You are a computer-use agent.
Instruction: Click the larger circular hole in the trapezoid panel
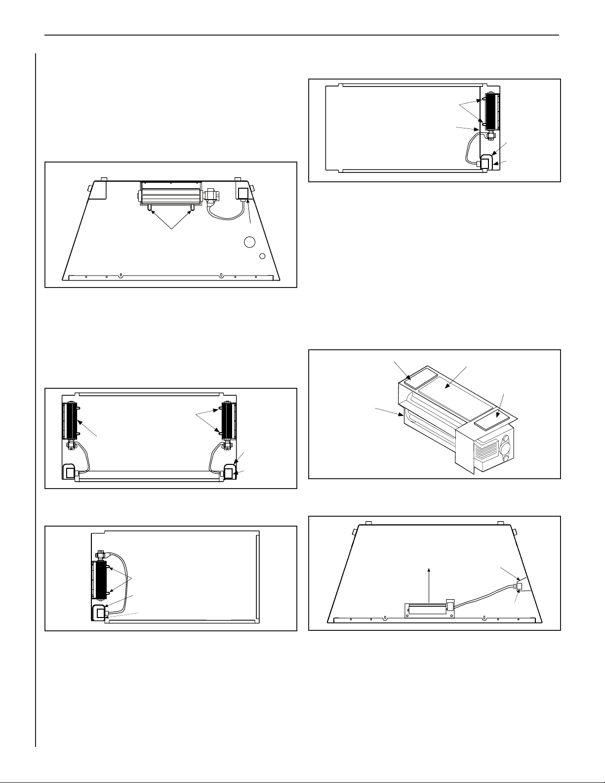pyautogui.click(x=249, y=242)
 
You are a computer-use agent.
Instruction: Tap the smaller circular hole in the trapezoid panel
pyautogui.click(x=263, y=256)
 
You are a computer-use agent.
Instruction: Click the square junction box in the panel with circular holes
pyautogui.click(x=243, y=193)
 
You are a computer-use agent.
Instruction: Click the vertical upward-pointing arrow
pyautogui.click(x=429, y=583)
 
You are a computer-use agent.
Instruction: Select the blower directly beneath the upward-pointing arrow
pyautogui.click(x=427, y=608)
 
